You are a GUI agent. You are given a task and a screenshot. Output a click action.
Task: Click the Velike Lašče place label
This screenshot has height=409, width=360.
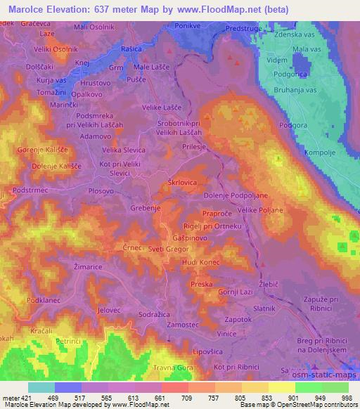(162, 107)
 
